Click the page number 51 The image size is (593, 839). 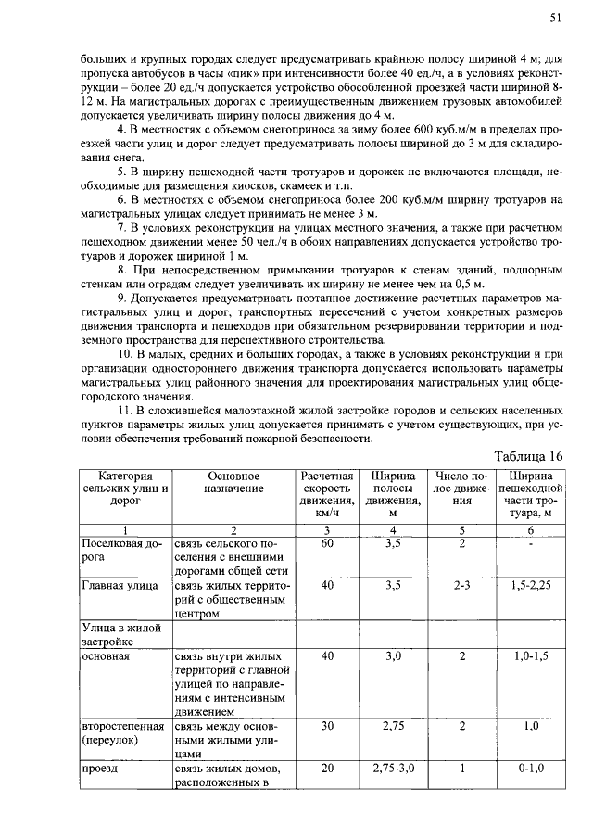556,18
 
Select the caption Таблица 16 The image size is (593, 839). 528,455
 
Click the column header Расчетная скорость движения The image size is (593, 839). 327,493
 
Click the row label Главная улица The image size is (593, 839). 120,586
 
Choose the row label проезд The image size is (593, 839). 100,769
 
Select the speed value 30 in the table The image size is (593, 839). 327,727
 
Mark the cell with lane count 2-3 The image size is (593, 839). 461,586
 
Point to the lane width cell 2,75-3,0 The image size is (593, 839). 393,769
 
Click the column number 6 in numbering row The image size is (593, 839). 530,528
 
